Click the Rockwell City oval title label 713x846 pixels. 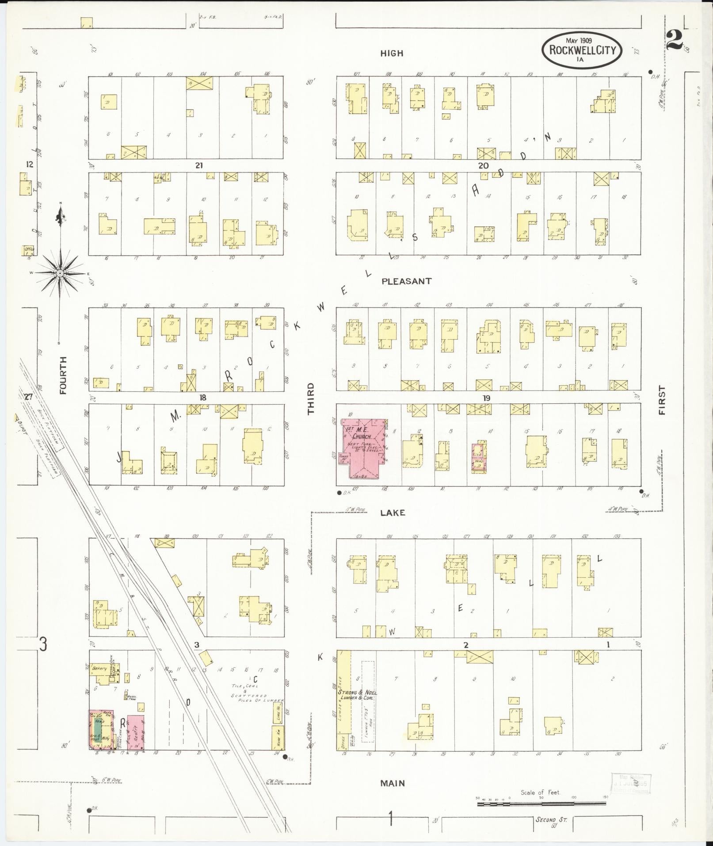point(582,50)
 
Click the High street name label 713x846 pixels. point(392,54)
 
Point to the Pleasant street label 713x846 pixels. point(406,281)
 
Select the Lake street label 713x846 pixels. point(393,513)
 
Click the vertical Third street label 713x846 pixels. point(311,398)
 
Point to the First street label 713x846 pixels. point(662,400)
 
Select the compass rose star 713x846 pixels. point(60,273)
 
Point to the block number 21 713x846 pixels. point(199,165)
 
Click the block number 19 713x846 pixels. point(486,398)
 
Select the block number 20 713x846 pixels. point(483,165)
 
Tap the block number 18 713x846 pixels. point(202,398)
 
